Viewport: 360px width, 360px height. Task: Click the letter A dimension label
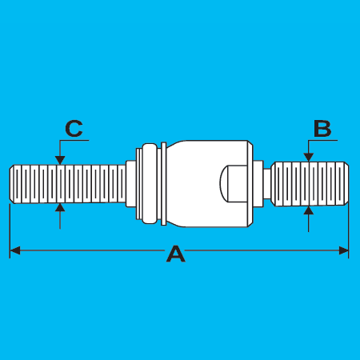[176, 254]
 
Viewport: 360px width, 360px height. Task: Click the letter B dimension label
[322, 129]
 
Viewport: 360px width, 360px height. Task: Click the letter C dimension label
[74, 129]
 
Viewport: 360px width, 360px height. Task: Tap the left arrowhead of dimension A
[15, 250]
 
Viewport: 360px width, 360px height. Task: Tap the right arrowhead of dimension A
[343, 250]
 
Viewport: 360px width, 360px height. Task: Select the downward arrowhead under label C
[60, 160]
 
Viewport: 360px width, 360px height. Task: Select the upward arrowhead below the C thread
[60, 207]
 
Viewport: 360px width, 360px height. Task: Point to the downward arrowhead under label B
[309, 158]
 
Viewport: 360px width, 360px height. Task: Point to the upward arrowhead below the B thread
[309, 210]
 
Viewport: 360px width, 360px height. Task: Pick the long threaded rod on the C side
[67, 184]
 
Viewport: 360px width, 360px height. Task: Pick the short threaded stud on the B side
[310, 184]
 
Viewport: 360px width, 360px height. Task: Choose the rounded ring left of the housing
[150, 183]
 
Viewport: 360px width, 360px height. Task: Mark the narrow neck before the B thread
[267, 184]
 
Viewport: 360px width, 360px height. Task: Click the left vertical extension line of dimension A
[10, 231]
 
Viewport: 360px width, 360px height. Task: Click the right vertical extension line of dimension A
[348, 230]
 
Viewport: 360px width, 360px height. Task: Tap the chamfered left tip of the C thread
[12, 184]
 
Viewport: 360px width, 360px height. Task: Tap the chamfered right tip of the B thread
[346, 184]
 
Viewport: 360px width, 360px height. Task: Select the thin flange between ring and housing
[164, 183]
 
